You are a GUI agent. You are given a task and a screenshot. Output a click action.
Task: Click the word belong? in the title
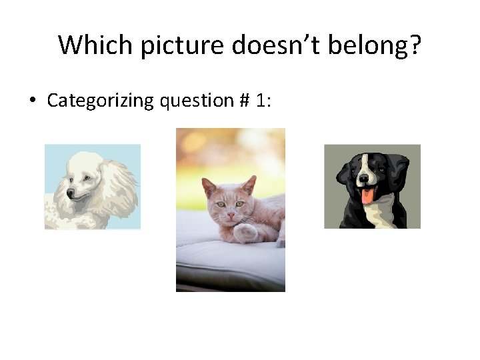tap(379, 45)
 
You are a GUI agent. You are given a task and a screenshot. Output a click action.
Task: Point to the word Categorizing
tap(101, 101)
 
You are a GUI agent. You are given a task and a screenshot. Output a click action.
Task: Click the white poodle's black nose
tap(70, 195)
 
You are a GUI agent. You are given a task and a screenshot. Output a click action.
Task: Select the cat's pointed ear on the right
tap(249, 185)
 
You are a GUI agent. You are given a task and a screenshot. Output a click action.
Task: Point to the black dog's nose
tap(367, 180)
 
